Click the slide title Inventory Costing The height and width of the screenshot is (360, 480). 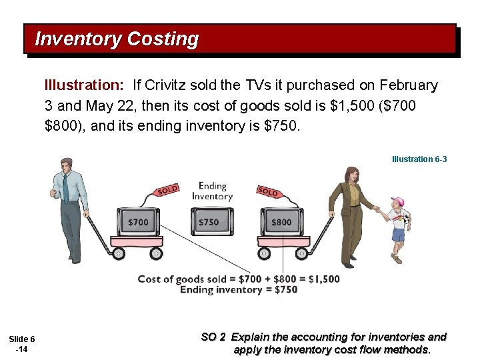(x=117, y=39)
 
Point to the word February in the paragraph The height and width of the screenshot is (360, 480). (x=409, y=85)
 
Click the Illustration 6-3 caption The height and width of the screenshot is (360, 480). (x=419, y=159)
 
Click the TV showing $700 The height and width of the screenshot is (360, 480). (x=138, y=221)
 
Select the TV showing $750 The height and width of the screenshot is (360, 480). (x=209, y=221)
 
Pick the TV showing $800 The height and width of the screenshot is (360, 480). (x=281, y=221)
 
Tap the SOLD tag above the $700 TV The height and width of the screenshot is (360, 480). (x=167, y=190)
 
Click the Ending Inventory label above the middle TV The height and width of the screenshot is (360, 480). (x=212, y=191)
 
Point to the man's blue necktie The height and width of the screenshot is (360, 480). (x=65, y=187)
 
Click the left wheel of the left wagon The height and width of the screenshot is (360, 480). (x=119, y=253)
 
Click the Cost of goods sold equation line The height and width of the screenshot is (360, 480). (x=238, y=279)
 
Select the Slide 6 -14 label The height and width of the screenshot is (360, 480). (x=23, y=344)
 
